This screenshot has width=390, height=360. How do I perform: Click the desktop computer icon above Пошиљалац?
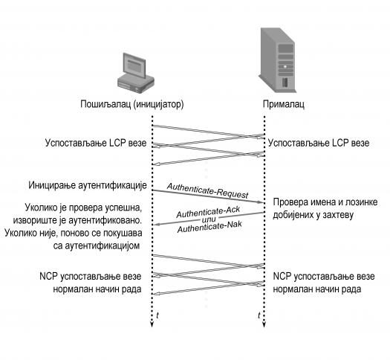136,73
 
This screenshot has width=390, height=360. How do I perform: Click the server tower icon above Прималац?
277,60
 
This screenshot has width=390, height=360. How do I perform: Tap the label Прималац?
284,104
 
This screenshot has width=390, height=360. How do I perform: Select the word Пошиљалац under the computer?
105,104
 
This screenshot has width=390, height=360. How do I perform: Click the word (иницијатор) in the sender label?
159,104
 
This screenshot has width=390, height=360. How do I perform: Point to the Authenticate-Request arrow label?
208,190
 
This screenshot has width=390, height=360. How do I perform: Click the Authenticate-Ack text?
208,212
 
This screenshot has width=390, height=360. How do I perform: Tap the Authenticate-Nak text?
209,228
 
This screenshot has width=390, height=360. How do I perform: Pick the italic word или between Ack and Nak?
209,219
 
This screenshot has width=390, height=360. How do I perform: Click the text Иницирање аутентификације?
88,185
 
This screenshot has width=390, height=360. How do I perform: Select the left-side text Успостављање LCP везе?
96,143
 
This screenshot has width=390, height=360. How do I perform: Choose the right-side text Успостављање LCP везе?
319,143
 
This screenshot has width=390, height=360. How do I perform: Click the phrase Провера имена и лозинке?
325,202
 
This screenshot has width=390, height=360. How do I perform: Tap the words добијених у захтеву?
313,215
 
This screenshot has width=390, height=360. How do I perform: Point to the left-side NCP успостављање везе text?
91,277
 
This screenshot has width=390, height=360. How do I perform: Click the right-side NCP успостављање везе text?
324,277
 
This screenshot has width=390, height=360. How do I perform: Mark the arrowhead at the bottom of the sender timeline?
152,324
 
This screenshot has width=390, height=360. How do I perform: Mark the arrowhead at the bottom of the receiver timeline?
264,324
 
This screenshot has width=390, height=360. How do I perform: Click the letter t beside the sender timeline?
157,315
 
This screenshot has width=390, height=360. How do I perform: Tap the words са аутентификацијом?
97,246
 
